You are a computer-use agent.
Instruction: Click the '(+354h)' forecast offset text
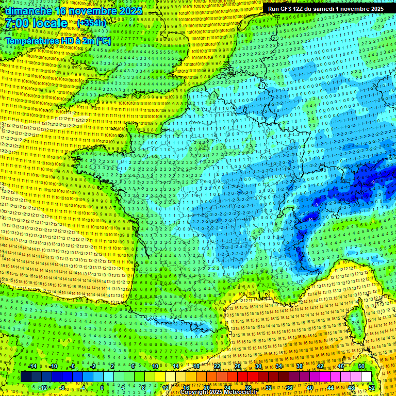91,23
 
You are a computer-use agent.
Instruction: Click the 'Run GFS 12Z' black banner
325,9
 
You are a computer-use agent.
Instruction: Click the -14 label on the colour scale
32,366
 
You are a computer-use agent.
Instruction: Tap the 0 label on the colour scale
102,387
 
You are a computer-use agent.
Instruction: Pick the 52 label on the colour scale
371,387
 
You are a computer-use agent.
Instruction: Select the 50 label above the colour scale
361,366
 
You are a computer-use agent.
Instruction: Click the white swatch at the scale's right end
366,377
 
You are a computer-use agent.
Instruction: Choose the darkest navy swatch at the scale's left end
26,377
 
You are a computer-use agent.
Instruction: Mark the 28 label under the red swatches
247,387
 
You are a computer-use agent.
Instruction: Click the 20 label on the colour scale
206,387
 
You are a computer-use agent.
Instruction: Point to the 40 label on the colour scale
309,387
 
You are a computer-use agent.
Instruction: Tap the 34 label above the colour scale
278,366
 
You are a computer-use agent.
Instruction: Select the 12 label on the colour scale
165,387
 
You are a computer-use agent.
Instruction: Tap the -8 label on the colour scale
62,387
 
